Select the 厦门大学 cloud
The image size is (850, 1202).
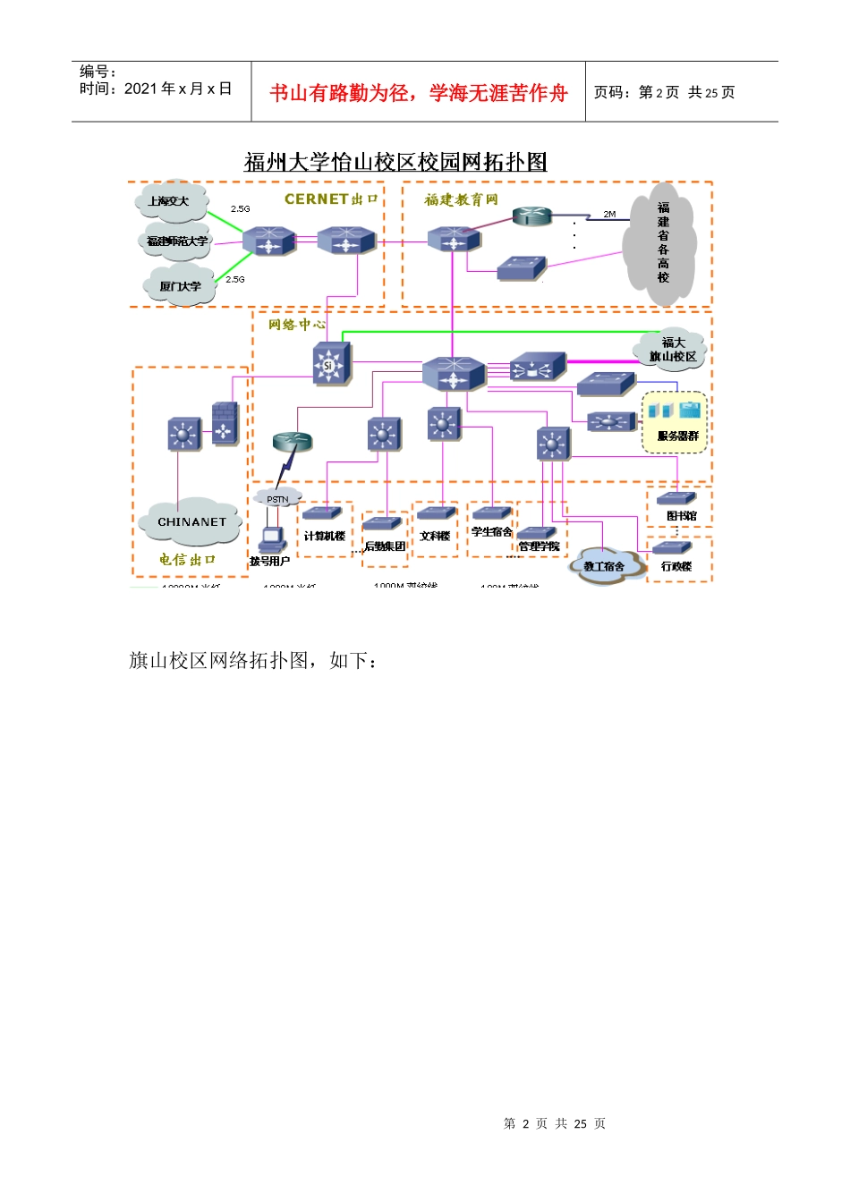coord(181,285)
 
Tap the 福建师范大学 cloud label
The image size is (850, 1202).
coord(177,241)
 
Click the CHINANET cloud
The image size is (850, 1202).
coord(191,522)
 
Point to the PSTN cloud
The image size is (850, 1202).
coord(277,499)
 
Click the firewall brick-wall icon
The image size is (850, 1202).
coord(225,422)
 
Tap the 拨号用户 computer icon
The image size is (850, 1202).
coord(271,540)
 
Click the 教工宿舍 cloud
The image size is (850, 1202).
coord(604,565)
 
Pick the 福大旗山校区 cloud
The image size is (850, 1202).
coord(673,350)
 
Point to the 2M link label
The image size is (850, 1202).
coord(609,215)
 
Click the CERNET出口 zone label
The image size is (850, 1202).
coord(331,199)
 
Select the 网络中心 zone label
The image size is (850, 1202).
coord(297,325)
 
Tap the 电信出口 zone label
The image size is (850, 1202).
coord(188,560)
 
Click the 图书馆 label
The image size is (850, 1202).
coord(681,516)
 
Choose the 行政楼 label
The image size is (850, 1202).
coord(676,566)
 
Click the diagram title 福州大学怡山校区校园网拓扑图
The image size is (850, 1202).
coord(395,162)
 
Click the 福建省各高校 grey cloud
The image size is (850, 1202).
coord(662,241)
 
